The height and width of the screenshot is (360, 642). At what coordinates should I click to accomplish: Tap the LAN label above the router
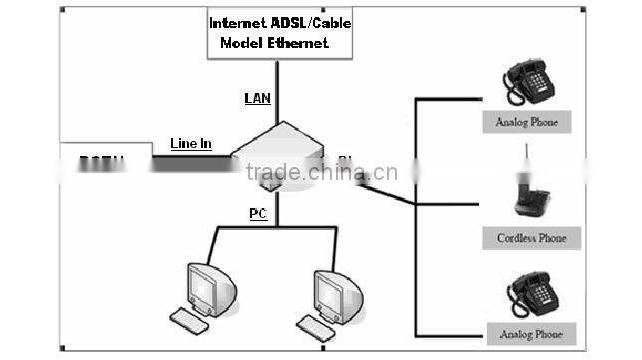tap(257, 98)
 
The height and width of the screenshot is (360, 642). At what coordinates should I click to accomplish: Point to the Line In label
tap(190, 144)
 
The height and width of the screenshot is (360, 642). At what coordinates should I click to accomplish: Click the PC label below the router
tap(257, 213)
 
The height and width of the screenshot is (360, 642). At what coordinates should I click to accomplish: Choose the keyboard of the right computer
tap(318, 324)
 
